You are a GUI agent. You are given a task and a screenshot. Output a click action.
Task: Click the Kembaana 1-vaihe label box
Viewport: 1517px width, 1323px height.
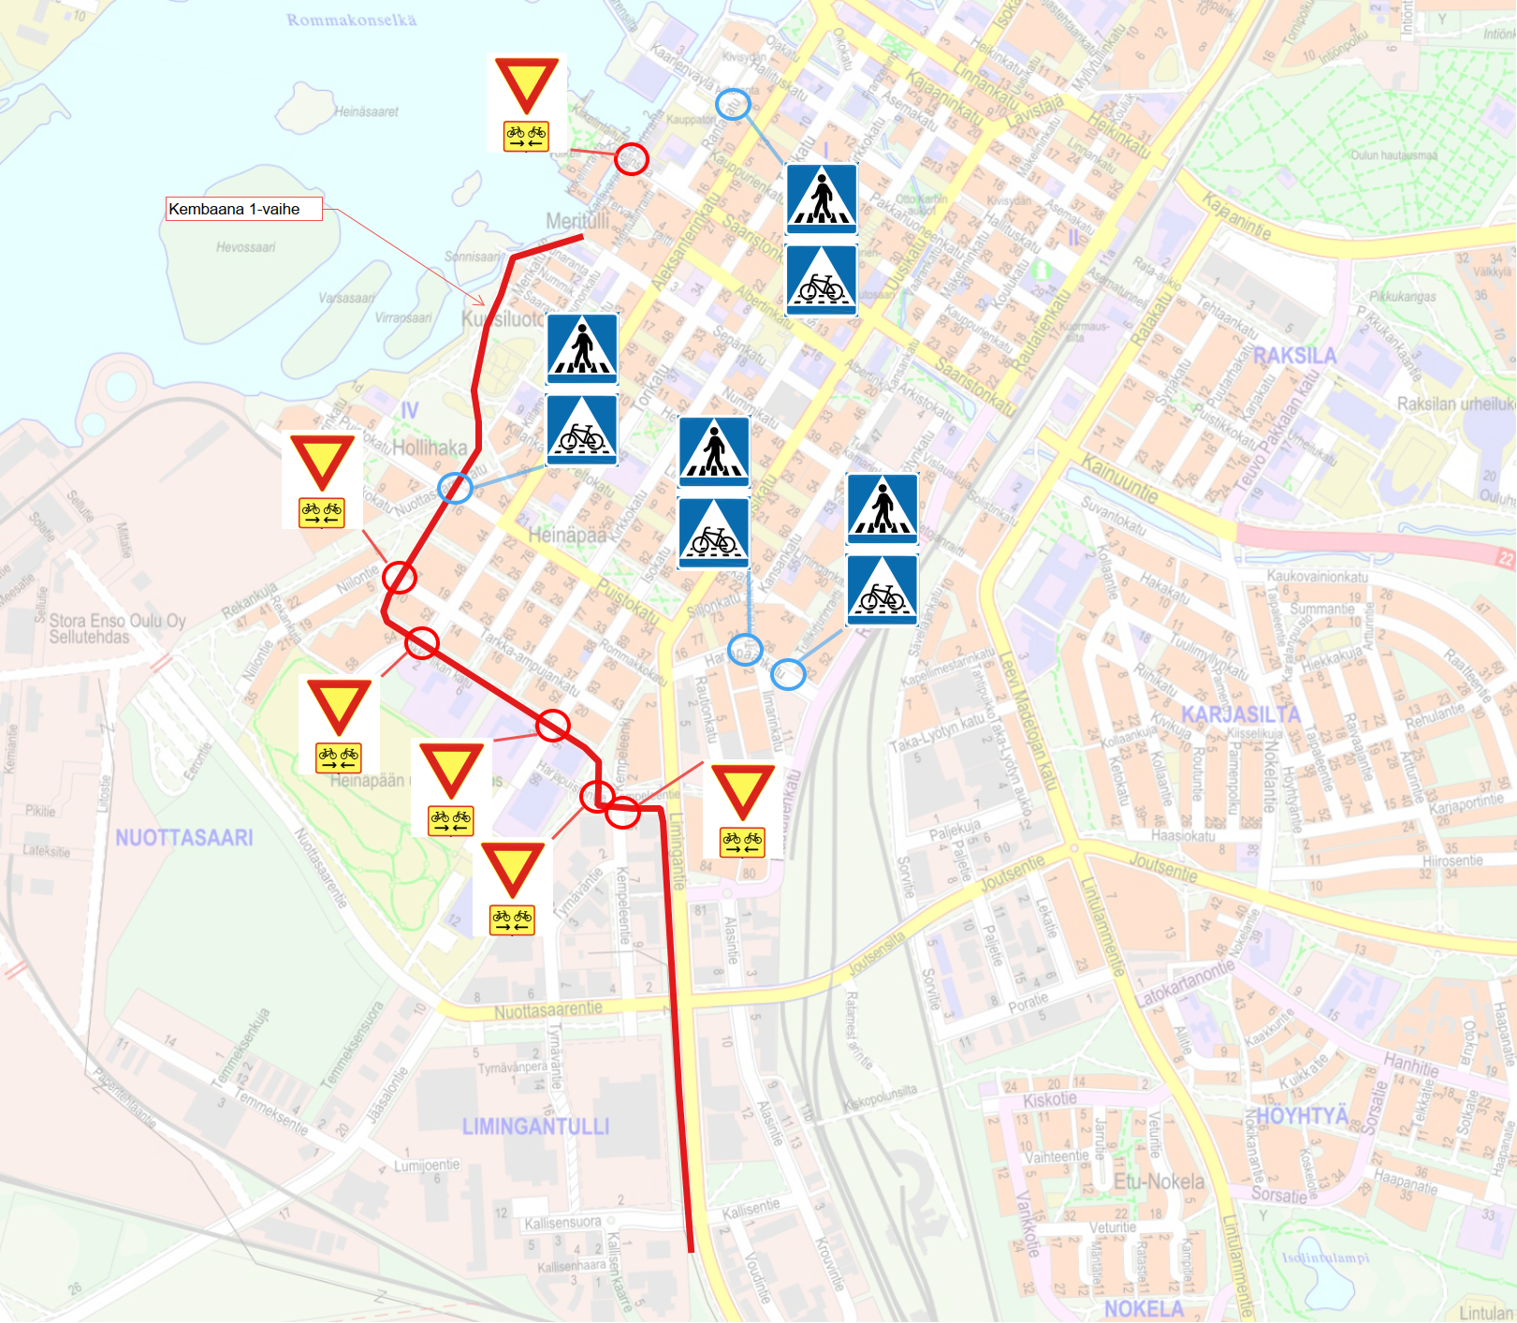[243, 209]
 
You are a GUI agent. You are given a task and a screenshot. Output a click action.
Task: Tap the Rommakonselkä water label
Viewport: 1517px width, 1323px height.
[352, 21]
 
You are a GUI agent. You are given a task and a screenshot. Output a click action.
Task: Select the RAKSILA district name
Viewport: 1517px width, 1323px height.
[1294, 356]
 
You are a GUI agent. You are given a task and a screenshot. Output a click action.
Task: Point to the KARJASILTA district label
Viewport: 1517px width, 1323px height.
[1240, 714]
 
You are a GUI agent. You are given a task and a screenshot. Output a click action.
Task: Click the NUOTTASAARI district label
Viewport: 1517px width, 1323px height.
[184, 838]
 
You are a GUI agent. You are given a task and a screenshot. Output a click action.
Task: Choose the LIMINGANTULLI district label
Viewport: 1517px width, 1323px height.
[535, 1126]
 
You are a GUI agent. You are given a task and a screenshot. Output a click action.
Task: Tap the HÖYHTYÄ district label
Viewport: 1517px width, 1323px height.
[1302, 1116]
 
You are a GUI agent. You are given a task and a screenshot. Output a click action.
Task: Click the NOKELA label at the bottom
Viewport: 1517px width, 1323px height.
[1144, 1308]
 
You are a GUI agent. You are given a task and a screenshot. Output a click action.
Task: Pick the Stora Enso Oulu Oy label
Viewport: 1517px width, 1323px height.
[116, 628]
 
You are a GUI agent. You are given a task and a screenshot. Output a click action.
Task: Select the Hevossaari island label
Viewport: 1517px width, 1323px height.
[245, 247]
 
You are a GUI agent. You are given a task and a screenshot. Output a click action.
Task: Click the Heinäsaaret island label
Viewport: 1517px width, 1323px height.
[366, 111]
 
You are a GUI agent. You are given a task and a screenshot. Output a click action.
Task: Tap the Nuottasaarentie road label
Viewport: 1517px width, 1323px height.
[548, 1010]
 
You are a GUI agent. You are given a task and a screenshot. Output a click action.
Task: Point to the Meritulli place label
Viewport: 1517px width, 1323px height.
[577, 221]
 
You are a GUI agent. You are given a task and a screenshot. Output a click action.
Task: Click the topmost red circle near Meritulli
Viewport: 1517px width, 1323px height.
[632, 158]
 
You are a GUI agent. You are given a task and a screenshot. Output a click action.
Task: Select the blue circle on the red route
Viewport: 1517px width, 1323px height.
[456, 487]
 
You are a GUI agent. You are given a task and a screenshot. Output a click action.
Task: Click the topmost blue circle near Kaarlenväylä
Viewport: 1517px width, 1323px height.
[733, 104]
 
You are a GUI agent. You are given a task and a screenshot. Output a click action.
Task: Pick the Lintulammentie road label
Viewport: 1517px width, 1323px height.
[1100, 927]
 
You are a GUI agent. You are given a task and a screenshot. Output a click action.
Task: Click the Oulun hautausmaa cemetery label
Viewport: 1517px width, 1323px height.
[1393, 155]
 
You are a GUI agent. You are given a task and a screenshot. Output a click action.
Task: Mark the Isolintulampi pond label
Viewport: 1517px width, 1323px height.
[1325, 1257]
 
